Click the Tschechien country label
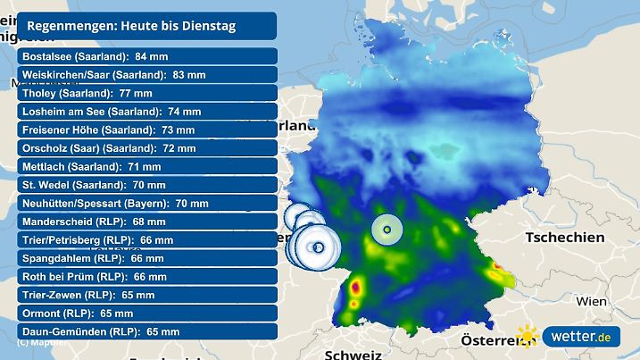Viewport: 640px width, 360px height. [565, 238]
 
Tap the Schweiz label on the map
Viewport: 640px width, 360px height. [353, 354]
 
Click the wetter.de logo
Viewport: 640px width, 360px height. [584, 338]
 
